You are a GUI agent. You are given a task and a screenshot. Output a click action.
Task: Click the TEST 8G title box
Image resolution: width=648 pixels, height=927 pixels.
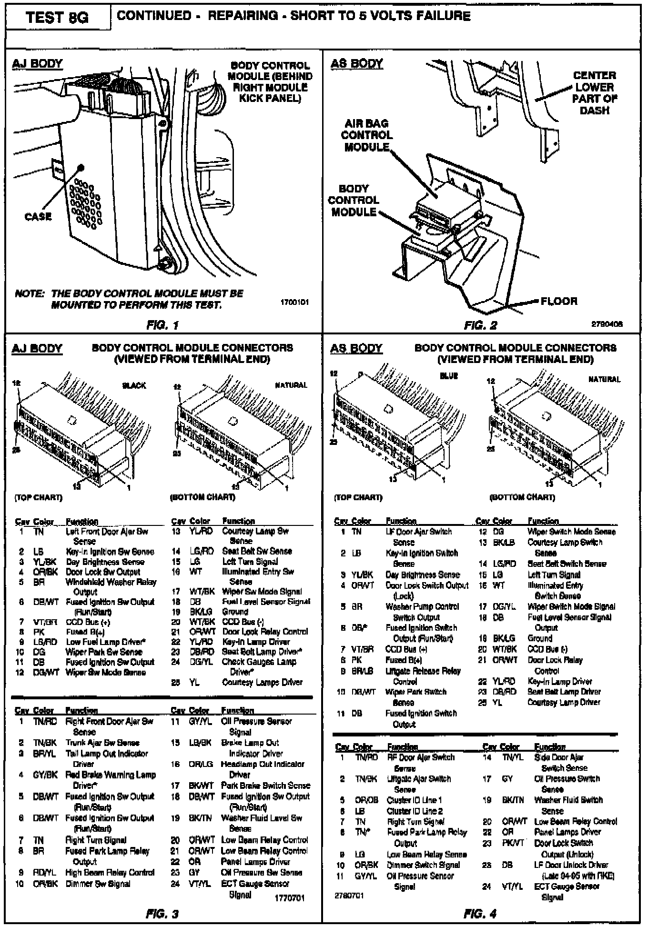(57, 18)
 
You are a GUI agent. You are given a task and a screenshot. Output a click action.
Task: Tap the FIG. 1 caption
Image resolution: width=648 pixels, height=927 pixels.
(162, 326)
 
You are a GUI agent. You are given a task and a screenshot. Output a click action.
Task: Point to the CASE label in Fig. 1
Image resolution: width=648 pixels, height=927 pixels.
(38, 217)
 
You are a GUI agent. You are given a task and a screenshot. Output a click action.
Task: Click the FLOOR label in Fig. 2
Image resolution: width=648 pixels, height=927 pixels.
(559, 301)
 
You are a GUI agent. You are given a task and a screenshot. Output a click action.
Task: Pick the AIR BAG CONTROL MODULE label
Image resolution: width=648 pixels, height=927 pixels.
(367, 135)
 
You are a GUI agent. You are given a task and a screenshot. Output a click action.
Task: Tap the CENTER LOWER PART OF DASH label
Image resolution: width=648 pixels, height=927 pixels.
(595, 93)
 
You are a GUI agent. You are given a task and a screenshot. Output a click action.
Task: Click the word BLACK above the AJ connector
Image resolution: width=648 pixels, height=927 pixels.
(134, 385)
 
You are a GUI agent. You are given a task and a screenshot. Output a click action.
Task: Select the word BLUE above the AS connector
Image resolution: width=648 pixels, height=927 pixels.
(449, 376)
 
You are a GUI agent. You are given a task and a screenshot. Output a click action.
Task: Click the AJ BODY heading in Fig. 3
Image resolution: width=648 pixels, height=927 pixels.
(37, 349)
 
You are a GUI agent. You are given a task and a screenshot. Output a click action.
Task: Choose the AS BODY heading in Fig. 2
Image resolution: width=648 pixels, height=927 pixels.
(356, 64)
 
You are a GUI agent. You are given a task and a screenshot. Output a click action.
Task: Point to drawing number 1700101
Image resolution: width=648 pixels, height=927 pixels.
(295, 302)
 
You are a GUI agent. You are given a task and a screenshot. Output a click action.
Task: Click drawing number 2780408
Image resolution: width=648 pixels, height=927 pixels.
(607, 324)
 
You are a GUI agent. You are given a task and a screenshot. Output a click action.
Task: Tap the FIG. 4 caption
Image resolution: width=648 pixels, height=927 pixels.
(480, 914)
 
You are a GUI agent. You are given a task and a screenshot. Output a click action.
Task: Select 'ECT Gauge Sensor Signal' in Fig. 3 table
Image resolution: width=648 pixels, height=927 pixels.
(255, 889)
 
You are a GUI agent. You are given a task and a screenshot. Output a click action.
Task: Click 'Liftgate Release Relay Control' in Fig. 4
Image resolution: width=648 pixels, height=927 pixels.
(423, 676)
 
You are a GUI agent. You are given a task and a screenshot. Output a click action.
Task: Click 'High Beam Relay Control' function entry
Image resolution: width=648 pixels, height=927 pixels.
(110, 873)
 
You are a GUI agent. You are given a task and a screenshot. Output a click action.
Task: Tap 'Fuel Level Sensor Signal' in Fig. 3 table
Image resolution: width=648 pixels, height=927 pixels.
(266, 602)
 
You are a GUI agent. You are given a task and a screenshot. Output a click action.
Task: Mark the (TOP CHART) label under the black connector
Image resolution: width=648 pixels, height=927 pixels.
(39, 498)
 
